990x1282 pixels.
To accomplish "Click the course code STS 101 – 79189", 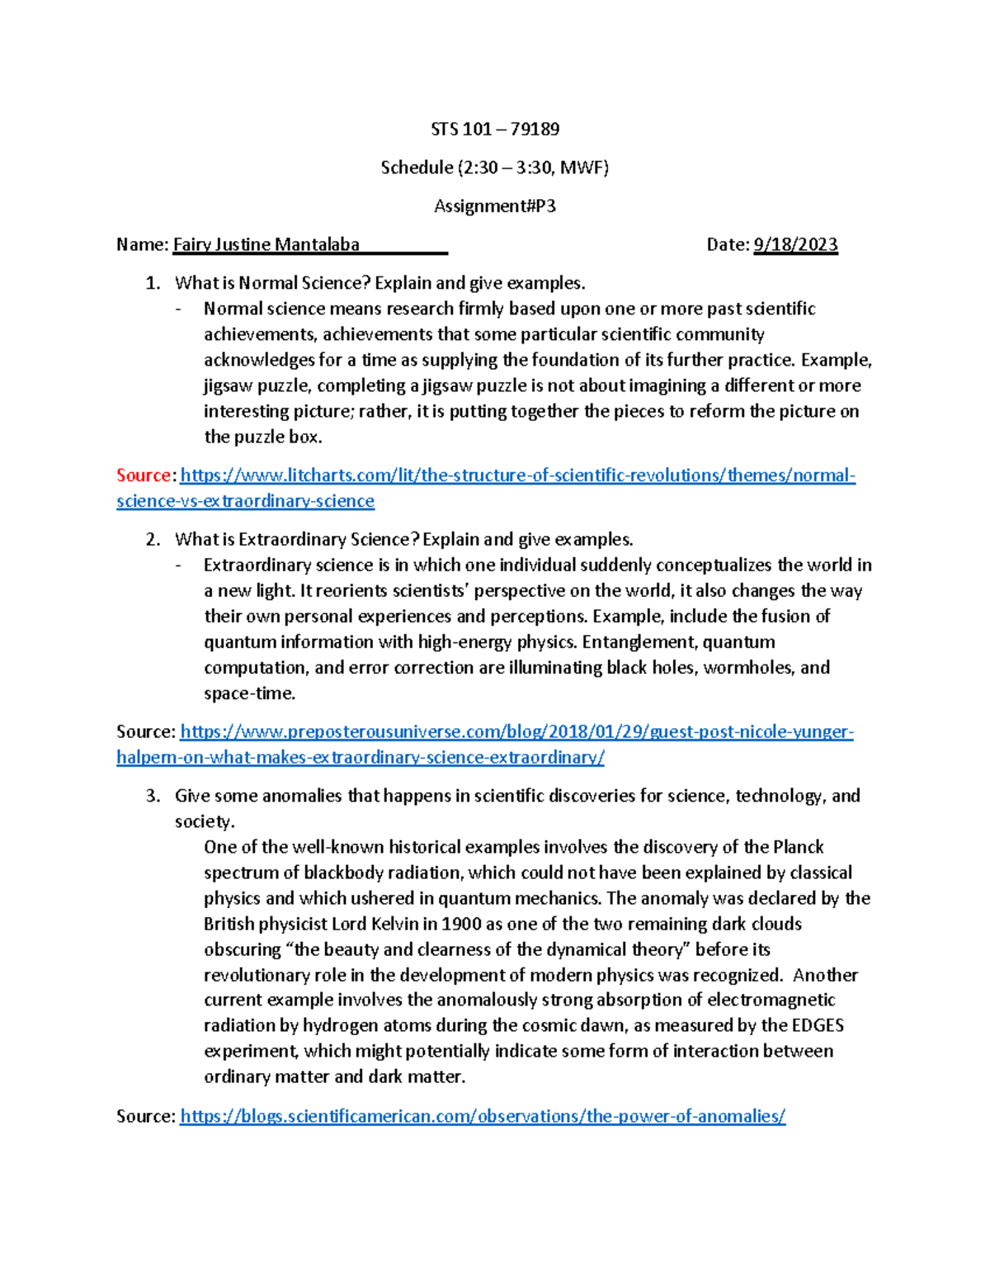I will click(x=495, y=129).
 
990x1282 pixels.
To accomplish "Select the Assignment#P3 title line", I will click(x=495, y=206).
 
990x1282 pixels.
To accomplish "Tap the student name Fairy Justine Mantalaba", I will click(x=266, y=244).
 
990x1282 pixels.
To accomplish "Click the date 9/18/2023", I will click(x=795, y=244).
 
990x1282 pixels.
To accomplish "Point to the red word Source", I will click(x=144, y=475).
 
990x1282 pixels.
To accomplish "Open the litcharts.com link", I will click(x=517, y=475).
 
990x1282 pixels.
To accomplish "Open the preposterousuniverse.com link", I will click(x=516, y=732).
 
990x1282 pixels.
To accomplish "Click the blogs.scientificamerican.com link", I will click(x=483, y=1117).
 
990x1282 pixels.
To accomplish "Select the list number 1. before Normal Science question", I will click(x=153, y=283).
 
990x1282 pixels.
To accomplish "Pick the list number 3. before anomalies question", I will click(x=153, y=796).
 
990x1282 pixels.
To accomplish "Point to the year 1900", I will click(x=462, y=924).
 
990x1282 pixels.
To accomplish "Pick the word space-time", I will click(x=249, y=693).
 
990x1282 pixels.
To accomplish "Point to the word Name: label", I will click(x=142, y=244).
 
